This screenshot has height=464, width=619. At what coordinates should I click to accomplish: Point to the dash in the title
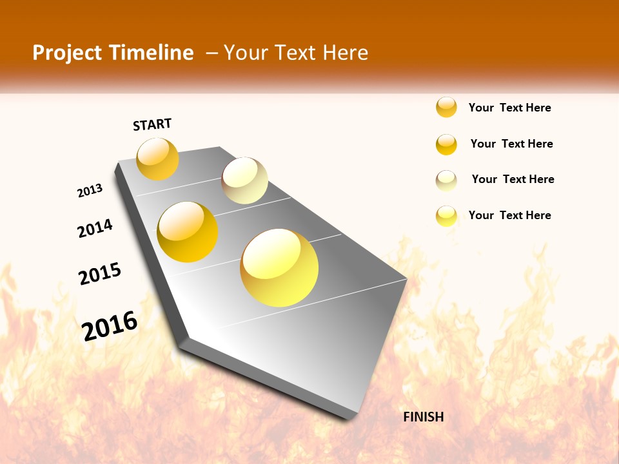pos(211,53)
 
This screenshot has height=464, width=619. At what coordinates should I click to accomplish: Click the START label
pos(152,124)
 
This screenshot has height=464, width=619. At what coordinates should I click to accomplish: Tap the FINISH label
pos(423,417)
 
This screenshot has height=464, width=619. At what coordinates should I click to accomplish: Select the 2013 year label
pos(90,190)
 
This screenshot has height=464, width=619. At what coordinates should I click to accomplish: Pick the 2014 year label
pos(95,228)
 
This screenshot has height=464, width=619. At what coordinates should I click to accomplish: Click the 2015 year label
pos(100,274)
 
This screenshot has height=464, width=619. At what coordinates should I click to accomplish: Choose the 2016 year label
pos(110,325)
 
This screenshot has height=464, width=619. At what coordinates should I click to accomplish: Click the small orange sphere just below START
pos(157,159)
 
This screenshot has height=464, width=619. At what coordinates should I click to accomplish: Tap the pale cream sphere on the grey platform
pos(244,180)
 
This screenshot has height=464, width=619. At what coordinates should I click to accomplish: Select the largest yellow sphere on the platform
pos(279,267)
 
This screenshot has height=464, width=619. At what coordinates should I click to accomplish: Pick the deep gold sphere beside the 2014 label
pos(188,232)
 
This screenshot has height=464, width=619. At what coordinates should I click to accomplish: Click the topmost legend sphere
pos(446,108)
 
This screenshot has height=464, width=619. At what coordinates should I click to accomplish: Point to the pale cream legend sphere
pos(446,180)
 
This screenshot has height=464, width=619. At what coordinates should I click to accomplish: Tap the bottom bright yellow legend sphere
pos(446,216)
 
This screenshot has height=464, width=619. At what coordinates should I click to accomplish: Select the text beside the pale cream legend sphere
pos(513,179)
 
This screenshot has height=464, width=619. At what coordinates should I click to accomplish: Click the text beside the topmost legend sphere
pos(509,108)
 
